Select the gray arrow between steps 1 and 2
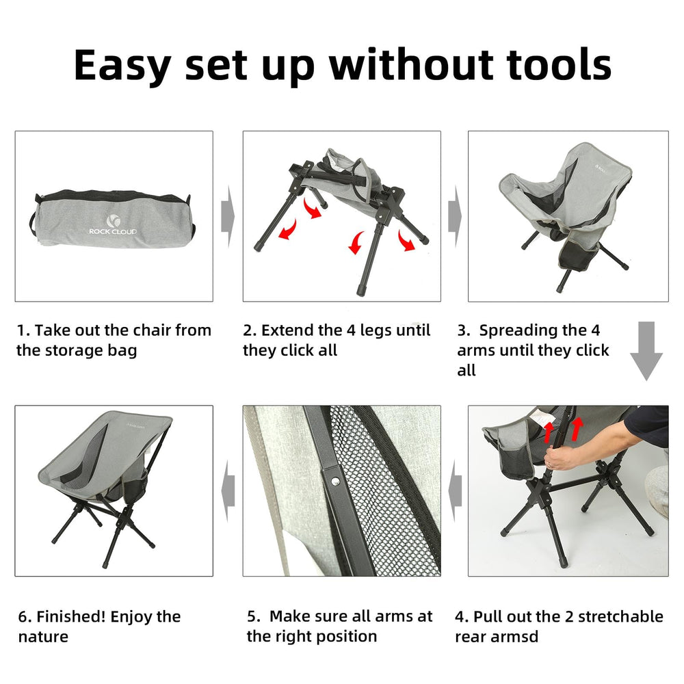coord(228,216)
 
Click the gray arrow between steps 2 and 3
coord(455,216)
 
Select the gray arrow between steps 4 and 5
coord(455,490)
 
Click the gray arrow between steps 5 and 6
coord(228,490)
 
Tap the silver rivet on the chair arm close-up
coord(335,482)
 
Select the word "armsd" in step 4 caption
coord(514,637)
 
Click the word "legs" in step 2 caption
coord(374,331)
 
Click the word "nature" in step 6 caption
coord(43,637)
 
